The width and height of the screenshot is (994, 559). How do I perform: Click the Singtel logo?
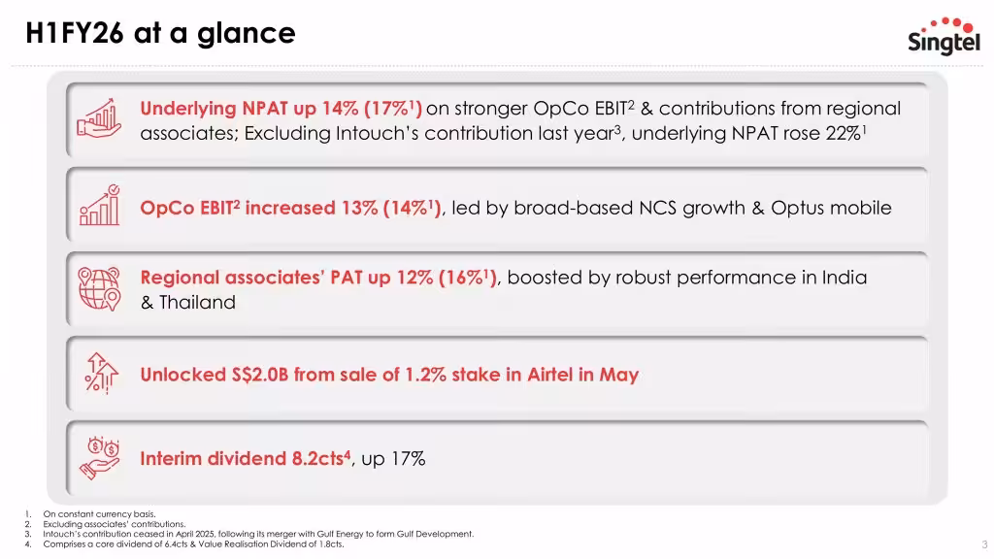pos(944,36)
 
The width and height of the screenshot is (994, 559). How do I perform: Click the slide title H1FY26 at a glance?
pos(161,33)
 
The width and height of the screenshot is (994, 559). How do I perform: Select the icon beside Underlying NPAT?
pos(97,120)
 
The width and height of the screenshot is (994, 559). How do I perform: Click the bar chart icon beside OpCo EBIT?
pos(98,206)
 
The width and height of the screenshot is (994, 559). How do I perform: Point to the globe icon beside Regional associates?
pos(98,288)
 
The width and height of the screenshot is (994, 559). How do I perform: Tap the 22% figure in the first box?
pos(842,134)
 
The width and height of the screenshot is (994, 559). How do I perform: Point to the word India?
pos(845,278)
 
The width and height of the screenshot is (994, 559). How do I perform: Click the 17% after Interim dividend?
pos(409,459)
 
